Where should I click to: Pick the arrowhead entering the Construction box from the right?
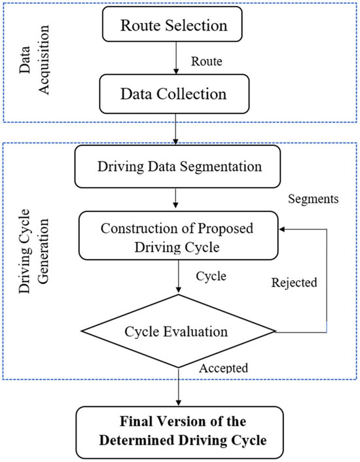click(x=283, y=230)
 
